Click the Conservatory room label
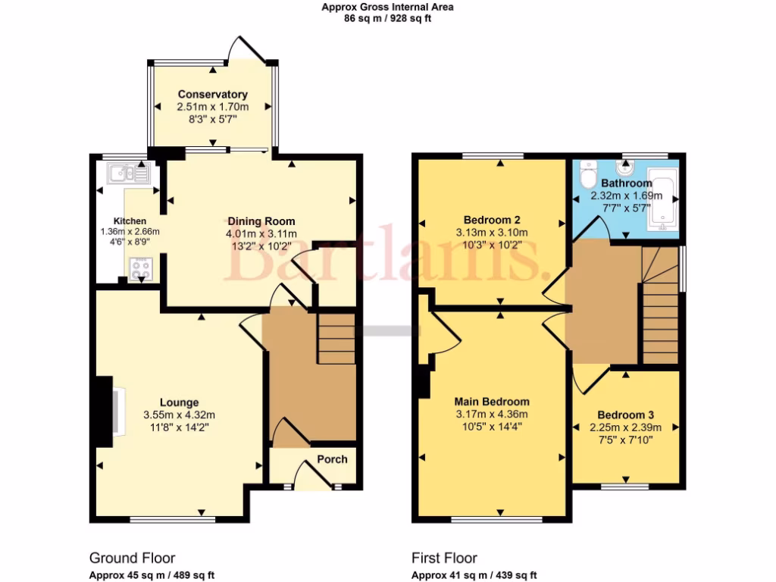point(212,95)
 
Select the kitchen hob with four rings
point(139,268)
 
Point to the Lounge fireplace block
point(100,413)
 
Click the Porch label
point(332,459)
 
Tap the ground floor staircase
point(335,339)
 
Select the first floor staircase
point(660,306)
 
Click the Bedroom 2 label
point(491,220)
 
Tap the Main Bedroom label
point(492,402)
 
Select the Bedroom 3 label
point(625,415)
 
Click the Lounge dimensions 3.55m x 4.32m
point(180,415)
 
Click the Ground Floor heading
point(133,559)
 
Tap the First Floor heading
point(444,559)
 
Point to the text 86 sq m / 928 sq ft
point(387,19)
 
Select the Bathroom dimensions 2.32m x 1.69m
point(626,196)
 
